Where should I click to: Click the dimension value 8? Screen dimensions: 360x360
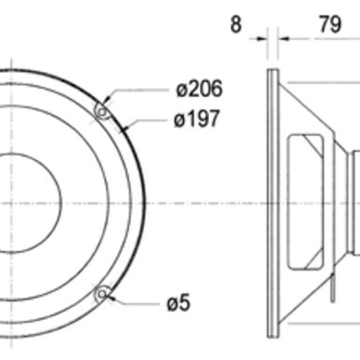point(236,25)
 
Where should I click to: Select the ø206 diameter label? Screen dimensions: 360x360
point(198,89)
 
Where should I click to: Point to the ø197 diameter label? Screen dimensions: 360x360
point(197,119)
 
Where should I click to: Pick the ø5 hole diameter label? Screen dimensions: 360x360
point(178,303)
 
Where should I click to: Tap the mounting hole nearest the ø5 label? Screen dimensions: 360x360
point(102,294)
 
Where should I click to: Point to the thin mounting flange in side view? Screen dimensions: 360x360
point(273,203)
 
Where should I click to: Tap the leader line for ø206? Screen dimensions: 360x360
point(137,90)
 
